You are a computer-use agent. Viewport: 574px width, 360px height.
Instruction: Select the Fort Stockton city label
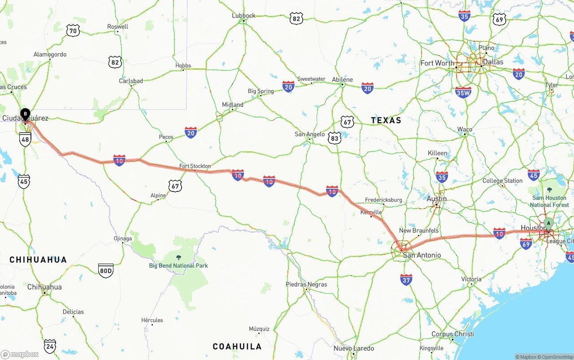point(195,166)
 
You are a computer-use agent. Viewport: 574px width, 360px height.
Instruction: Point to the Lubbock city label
point(244,16)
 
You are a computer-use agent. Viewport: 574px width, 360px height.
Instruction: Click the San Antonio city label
point(422,255)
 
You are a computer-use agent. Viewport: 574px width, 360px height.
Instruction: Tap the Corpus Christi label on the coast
point(452,334)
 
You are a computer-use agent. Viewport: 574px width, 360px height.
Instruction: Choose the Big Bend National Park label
point(178,265)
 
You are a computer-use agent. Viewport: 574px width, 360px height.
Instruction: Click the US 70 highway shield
point(73,30)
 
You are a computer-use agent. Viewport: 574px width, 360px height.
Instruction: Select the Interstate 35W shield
point(463,92)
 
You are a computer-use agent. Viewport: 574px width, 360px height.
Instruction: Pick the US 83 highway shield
point(335,138)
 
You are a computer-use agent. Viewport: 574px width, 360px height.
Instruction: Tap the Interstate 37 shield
point(406,280)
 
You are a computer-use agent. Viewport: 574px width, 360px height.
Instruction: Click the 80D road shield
point(106,270)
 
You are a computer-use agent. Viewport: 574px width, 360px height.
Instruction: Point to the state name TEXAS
point(386,120)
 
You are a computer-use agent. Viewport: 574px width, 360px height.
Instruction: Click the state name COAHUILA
point(237,347)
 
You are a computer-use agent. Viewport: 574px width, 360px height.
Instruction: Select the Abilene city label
point(342,79)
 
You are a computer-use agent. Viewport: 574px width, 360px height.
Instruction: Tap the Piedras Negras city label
point(306,284)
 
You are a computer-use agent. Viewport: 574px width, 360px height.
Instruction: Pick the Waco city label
point(465,130)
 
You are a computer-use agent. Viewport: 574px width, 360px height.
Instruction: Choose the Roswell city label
point(117,27)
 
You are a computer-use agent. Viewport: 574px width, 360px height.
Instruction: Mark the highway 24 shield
point(50,346)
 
